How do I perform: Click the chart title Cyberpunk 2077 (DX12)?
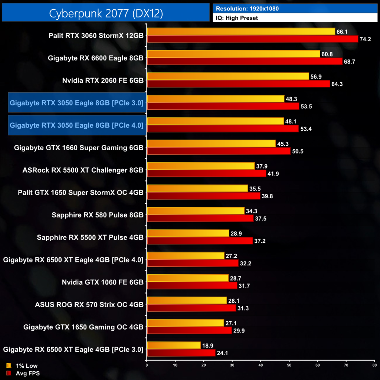(106, 13)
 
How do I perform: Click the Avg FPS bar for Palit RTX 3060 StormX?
(252, 39)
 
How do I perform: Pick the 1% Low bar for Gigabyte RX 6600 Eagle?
(233, 54)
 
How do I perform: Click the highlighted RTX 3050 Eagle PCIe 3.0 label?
(76, 103)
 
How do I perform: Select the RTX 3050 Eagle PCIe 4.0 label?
(76, 125)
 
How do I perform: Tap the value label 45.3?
(282, 144)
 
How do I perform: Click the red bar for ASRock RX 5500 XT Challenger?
(206, 173)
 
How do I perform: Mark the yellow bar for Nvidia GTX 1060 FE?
(188, 278)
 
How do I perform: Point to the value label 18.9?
(207, 345)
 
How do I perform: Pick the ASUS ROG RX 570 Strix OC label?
(89, 305)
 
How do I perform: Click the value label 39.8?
(267, 196)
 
